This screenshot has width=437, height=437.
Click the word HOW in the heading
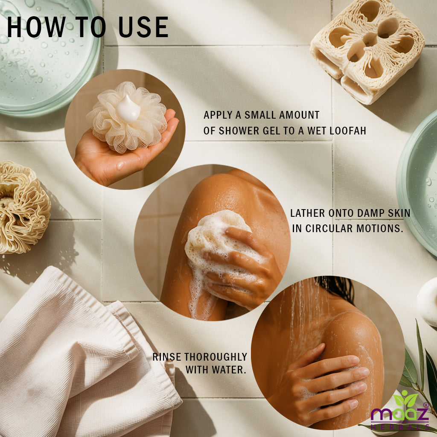(x=36, y=27)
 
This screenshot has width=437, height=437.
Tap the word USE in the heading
(x=143, y=27)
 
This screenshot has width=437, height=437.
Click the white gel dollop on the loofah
(x=128, y=109)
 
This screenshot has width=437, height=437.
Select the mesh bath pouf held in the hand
(x=127, y=117)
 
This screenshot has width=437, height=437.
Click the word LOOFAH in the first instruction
(x=348, y=131)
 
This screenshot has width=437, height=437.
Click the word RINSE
(x=167, y=357)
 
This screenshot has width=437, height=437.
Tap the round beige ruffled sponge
(x=24, y=208)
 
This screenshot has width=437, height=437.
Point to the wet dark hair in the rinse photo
(x=337, y=288)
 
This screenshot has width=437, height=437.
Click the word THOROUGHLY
(x=216, y=357)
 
